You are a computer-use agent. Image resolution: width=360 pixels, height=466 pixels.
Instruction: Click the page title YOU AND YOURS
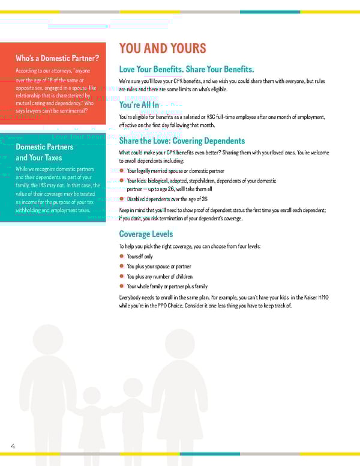163,49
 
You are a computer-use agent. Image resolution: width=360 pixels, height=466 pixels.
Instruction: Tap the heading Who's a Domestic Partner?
58,58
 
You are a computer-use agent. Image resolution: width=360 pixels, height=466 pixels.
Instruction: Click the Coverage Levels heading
146,234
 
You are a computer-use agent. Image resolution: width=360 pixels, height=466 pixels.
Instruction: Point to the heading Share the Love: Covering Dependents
182,141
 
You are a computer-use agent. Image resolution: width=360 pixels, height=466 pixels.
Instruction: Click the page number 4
13,446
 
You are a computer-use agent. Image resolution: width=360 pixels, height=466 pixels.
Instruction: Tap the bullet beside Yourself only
121,256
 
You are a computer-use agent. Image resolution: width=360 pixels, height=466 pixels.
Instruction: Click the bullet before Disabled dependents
121,199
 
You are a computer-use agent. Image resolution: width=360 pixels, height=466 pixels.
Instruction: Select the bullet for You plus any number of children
121,276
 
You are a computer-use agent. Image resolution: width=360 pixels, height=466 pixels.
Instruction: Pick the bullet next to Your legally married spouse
121,171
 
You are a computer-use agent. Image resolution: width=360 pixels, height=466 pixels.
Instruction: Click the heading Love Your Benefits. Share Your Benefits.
187,70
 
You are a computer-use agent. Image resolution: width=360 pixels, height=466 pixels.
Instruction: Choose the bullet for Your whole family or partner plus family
121,286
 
